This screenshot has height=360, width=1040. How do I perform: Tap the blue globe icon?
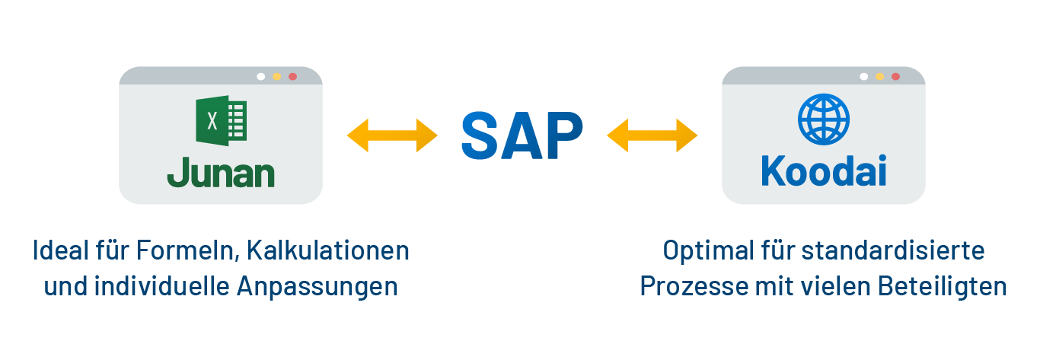pyautogui.click(x=823, y=119)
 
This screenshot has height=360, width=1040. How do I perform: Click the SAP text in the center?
pyautogui.click(x=522, y=135)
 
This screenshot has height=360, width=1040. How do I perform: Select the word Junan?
pyautogui.click(x=221, y=174)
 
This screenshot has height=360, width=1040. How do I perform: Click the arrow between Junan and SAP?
pyautogui.click(x=392, y=135)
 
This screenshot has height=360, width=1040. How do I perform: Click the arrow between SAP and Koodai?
pyautogui.click(x=652, y=135)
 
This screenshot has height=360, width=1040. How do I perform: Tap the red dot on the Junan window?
pyautogui.click(x=293, y=77)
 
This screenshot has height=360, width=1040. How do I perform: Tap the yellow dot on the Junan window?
pyautogui.click(x=277, y=77)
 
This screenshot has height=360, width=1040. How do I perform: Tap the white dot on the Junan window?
pyautogui.click(x=261, y=77)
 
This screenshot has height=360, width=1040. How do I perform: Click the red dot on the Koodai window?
pyautogui.click(x=895, y=77)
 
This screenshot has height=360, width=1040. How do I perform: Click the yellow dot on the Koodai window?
pyautogui.click(x=879, y=77)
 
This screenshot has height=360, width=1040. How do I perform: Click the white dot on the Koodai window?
pyautogui.click(x=863, y=77)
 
